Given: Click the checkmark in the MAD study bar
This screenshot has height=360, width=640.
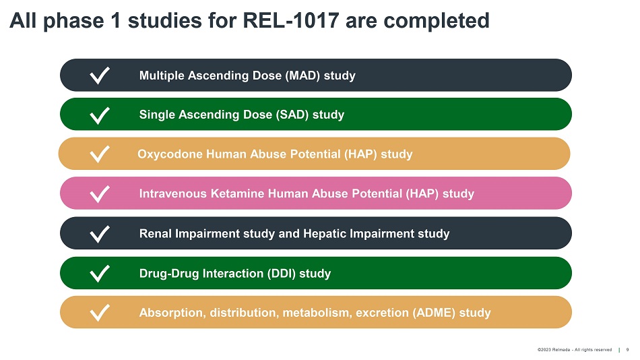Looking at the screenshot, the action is pos(99,76).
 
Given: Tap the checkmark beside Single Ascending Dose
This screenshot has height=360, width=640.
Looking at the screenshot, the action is pos(99,115).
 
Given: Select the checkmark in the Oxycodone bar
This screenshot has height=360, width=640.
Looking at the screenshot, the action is pos(99,154).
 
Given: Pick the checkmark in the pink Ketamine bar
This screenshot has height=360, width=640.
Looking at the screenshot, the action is pos(99,193).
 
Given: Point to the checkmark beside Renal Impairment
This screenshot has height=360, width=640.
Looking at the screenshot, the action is pos(99,234).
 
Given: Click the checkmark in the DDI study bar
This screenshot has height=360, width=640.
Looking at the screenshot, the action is pos(99,274).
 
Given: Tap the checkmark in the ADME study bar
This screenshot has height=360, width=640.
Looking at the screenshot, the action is pos(99,313).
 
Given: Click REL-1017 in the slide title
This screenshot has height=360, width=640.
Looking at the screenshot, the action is pos(290,20).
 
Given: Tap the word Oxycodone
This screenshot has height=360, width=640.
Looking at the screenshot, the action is pos(170,154).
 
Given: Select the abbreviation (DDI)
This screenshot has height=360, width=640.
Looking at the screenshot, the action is pos(281,274).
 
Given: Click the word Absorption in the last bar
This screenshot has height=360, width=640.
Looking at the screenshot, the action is pos(174,313).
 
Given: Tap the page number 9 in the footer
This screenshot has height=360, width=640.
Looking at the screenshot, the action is pos(628,350).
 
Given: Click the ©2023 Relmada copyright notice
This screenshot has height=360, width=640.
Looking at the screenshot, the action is pos(575,350).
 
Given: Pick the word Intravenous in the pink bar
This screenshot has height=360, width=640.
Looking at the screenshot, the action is pos(173,193).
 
